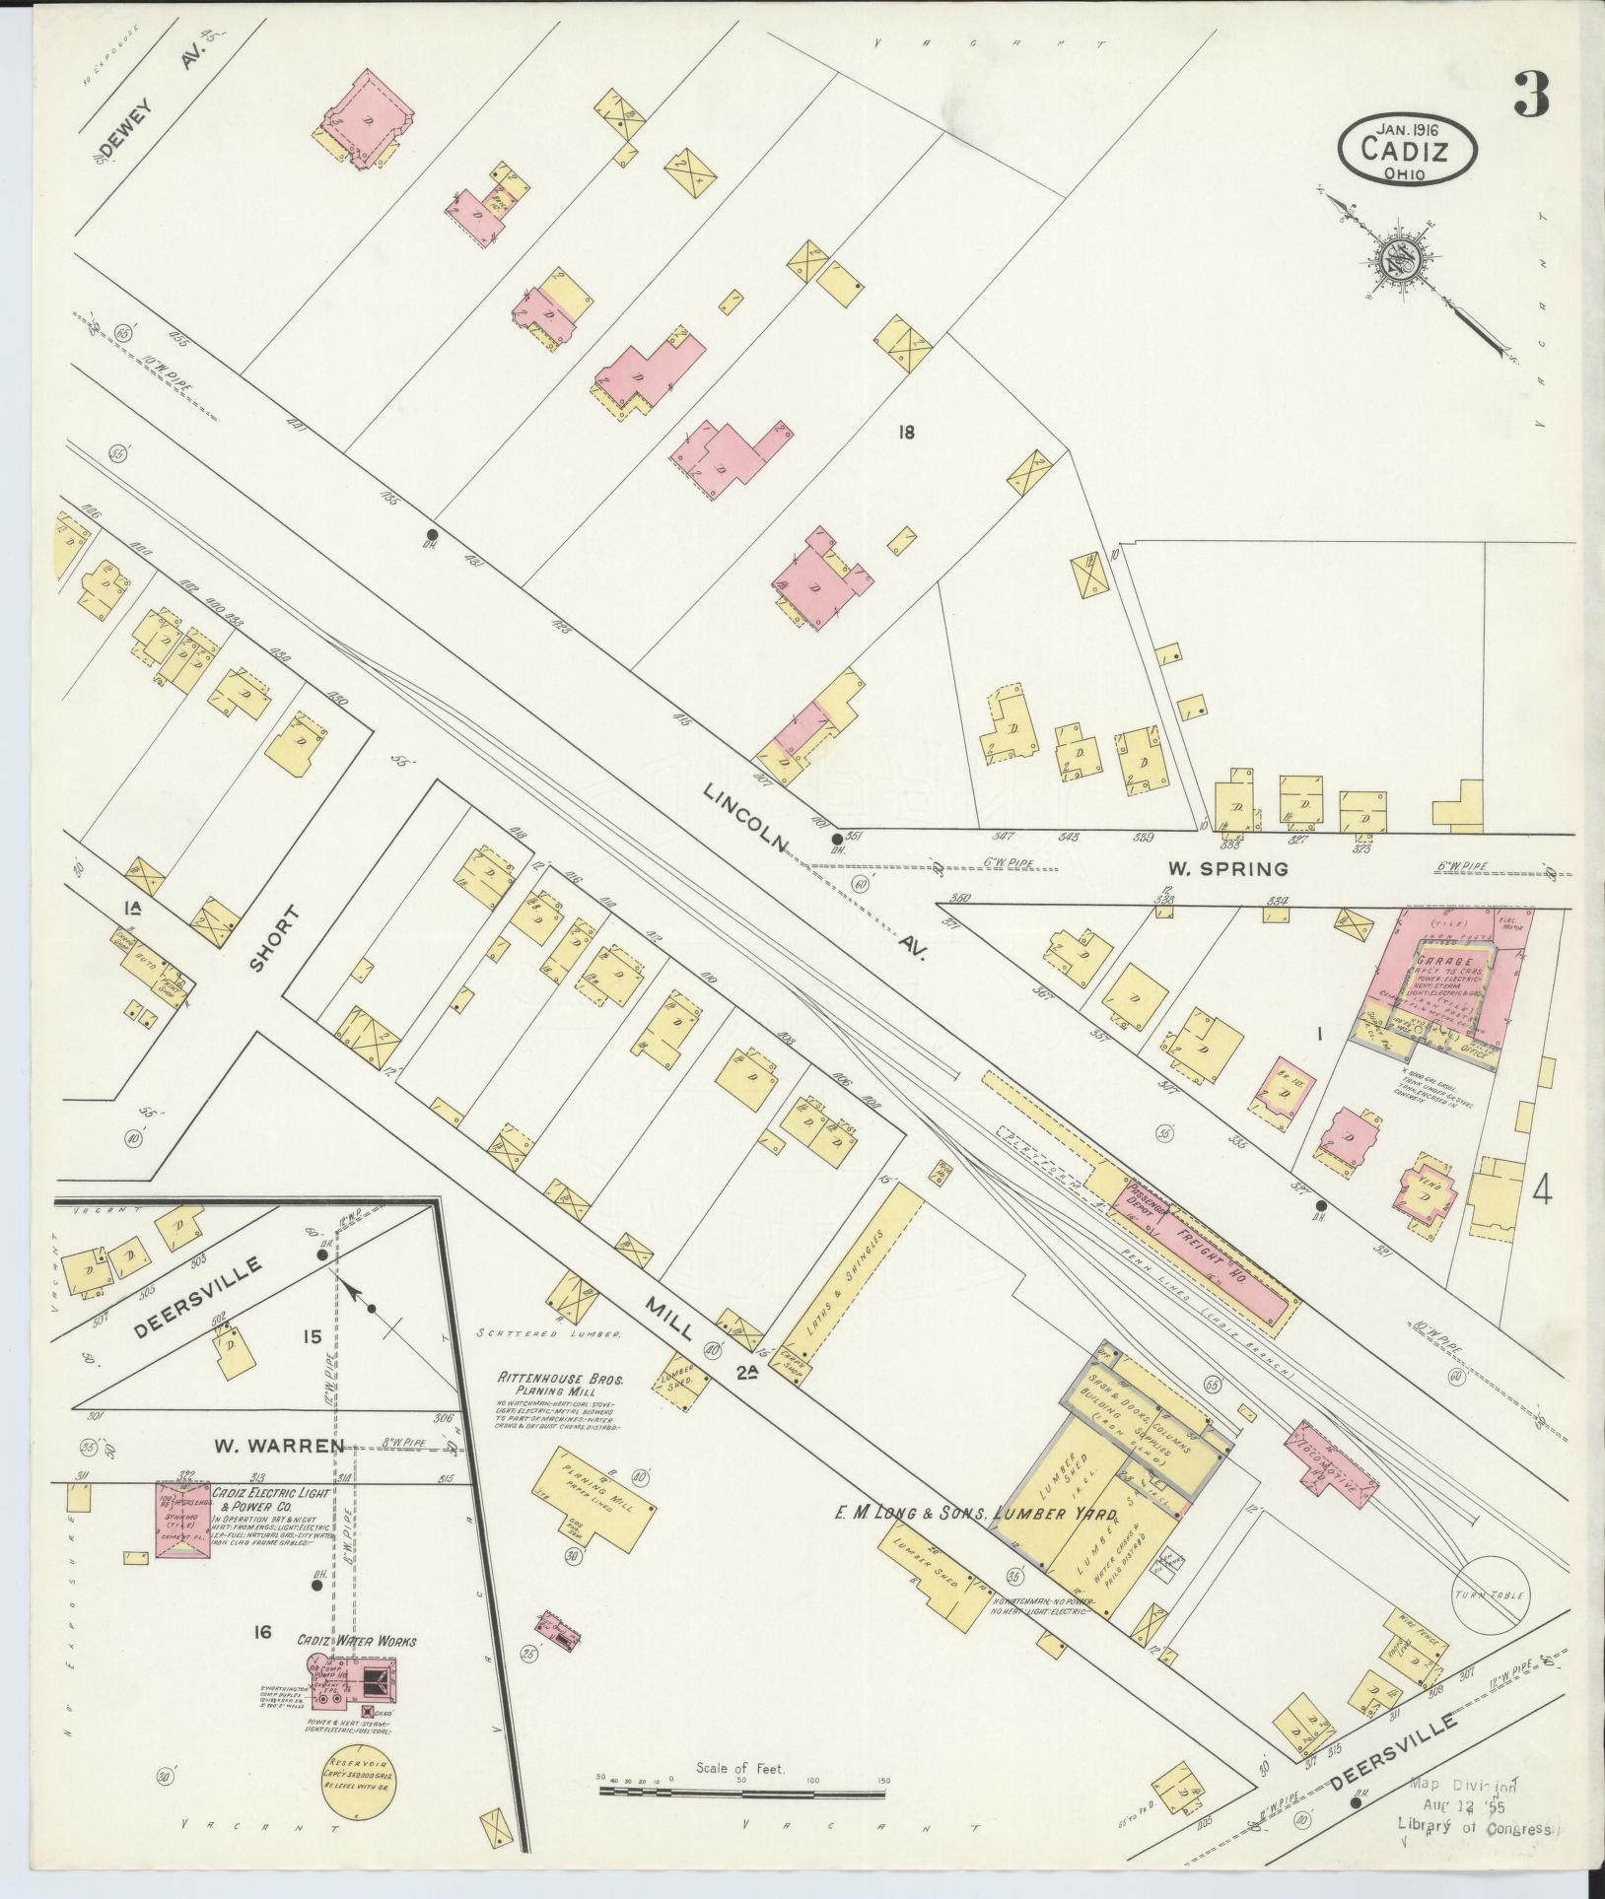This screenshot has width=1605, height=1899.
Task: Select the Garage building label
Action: click(1445, 960)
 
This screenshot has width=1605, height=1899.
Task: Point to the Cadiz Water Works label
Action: click(357, 1641)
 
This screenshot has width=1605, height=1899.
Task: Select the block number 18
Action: click(907, 431)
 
